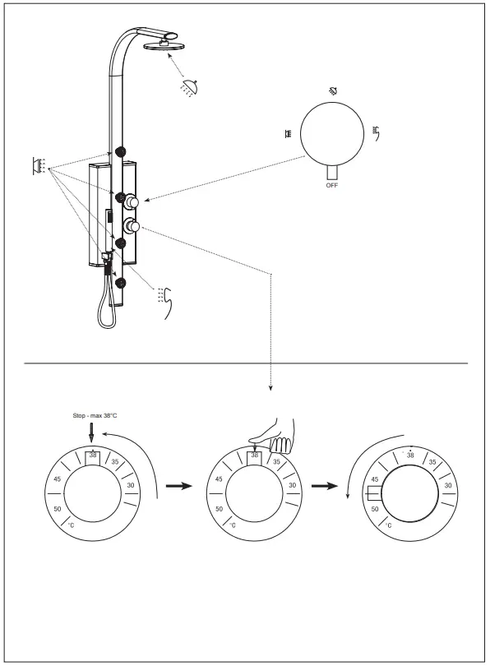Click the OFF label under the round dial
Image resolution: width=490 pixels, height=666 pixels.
click(x=332, y=185)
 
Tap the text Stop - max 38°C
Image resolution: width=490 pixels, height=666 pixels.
click(x=95, y=415)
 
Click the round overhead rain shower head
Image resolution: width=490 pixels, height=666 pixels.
click(x=163, y=45)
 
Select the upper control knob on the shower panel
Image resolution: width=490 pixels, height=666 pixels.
click(x=132, y=202)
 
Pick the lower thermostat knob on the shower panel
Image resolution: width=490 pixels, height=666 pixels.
click(x=132, y=226)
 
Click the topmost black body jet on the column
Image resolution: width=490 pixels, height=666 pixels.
click(x=121, y=152)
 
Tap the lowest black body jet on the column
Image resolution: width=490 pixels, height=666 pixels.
click(x=121, y=284)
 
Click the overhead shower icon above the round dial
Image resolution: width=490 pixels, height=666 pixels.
click(x=333, y=90)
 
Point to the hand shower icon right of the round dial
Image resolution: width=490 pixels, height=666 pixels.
click(x=376, y=132)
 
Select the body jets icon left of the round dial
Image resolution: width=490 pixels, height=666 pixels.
click(x=289, y=134)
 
